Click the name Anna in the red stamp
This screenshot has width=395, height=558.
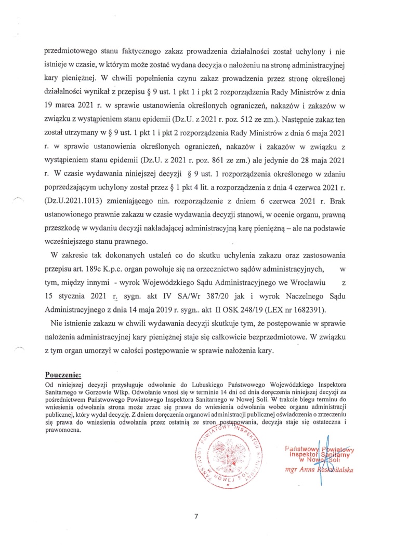pos(301,471)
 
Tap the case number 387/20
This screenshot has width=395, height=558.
pos(203,297)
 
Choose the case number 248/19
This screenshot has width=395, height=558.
pos(250,310)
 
